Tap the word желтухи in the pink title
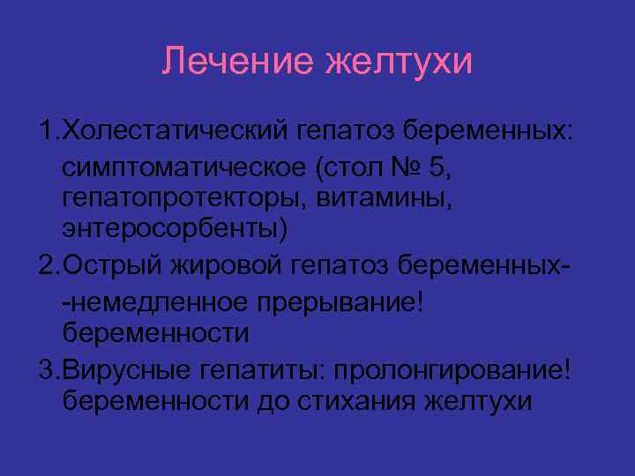(399, 62)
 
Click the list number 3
(46, 366)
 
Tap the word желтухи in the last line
(478, 399)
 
